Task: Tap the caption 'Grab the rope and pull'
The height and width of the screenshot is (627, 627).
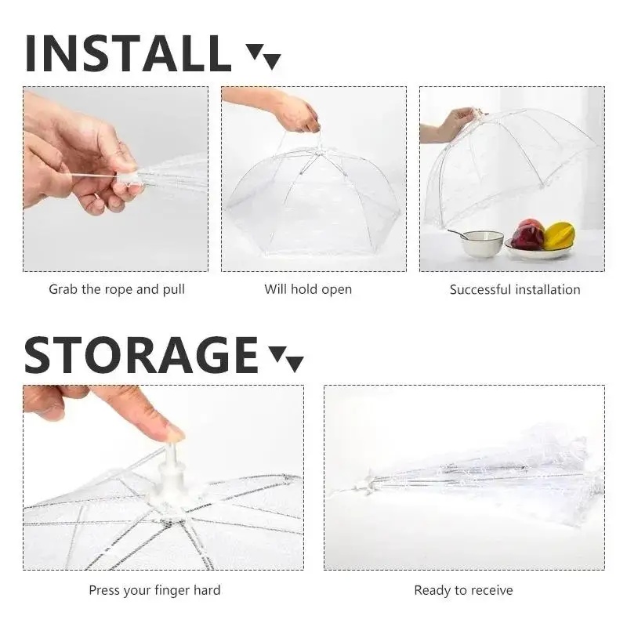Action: [x=117, y=289]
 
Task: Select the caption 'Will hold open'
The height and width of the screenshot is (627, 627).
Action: [x=308, y=289]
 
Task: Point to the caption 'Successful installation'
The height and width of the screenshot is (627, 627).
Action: [x=515, y=290]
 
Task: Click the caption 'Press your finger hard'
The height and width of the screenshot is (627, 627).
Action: [x=154, y=589]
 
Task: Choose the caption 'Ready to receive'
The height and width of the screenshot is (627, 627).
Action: [x=463, y=589]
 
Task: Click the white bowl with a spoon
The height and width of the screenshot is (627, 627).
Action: [x=481, y=243]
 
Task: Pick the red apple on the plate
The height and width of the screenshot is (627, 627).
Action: [x=528, y=234]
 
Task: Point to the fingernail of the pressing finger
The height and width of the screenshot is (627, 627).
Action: [x=173, y=432]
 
